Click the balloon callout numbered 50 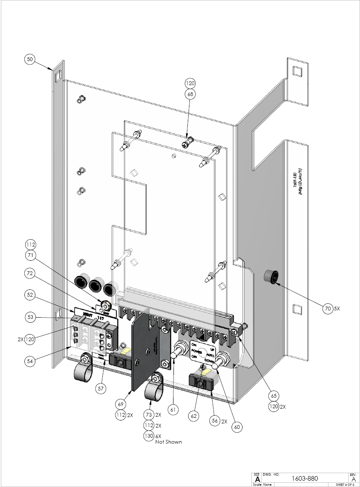29,59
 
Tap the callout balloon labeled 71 30,255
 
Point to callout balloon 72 30,273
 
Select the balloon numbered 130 148,436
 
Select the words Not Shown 168,442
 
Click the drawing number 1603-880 304,478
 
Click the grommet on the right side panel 269,276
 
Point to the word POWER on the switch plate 197,350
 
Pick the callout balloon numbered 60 237,426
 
